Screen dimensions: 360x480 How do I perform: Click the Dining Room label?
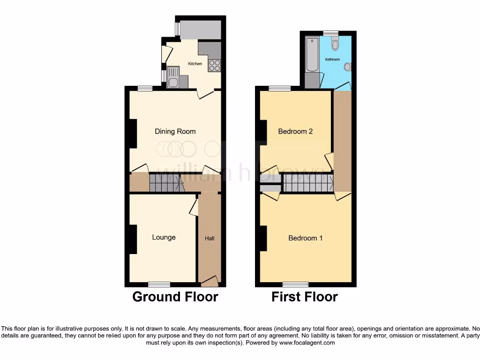(x=175, y=131)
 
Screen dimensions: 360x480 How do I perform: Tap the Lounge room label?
(x=164, y=237)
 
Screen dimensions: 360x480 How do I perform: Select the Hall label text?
(x=210, y=239)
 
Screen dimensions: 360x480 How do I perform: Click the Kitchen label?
(x=195, y=64)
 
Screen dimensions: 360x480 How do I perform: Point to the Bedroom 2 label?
(x=295, y=131)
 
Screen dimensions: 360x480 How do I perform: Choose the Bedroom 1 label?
(x=305, y=238)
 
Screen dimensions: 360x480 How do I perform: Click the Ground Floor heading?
(x=175, y=297)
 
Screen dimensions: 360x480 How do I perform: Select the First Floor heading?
(x=305, y=297)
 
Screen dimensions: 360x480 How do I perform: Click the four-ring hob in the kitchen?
(x=215, y=66)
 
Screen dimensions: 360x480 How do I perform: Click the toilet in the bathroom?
(x=334, y=45)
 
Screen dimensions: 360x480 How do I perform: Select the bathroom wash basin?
(x=347, y=67)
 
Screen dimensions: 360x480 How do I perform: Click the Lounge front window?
(x=159, y=284)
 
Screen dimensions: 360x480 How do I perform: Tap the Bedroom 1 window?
(x=295, y=284)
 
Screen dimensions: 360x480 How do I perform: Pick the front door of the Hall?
(x=210, y=281)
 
